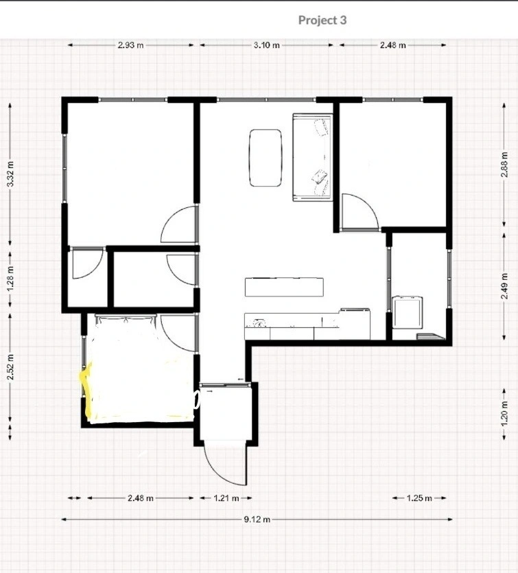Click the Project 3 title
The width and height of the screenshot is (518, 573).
(x=322, y=20)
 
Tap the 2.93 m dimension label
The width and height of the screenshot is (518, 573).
(x=131, y=45)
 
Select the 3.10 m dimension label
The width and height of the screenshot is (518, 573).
(x=267, y=45)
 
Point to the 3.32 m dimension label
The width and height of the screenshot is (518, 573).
(x=10, y=174)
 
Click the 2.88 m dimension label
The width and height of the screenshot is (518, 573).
(x=504, y=165)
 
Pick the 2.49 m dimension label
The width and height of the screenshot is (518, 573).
(x=504, y=285)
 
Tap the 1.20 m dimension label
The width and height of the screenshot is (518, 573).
(x=504, y=413)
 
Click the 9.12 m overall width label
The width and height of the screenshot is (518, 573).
(x=257, y=519)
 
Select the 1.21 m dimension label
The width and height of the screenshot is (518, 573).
(x=226, y=498)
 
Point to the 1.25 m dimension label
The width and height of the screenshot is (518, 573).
(x=419, y=498)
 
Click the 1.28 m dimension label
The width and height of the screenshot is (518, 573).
(x=10, y=279)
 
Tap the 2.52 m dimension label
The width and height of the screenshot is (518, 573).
(x=10, y=367)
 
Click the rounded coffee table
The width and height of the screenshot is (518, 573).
(x=266, y=158)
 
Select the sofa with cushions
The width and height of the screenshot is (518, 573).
(x=312, y=158)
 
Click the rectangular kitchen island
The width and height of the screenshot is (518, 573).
(x=284, y=288)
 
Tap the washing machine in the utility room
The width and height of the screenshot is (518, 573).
(x=408, y=313)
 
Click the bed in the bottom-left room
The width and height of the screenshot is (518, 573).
(x=142, y=367)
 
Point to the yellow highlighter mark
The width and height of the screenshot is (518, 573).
(x=87, y=395)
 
